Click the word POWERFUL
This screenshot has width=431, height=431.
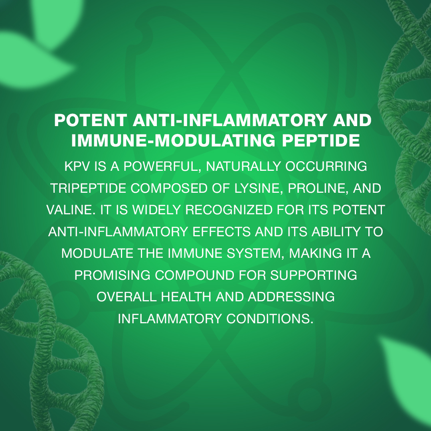coord(161,166)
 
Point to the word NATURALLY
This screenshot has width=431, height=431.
coord(243,166)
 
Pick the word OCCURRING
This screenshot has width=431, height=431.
coord(326,166)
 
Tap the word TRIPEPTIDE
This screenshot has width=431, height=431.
coord(88,188)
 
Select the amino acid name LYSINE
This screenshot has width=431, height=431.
coord(258,188)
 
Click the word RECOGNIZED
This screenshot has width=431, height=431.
coord(229,210)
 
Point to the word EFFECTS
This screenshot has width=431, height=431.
coord(221,232)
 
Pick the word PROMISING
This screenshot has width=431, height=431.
coord(113,275)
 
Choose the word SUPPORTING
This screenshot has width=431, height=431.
coord(314,275)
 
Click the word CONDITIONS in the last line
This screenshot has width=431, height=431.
coord(270,319)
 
